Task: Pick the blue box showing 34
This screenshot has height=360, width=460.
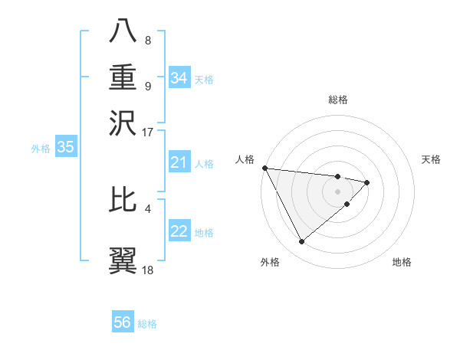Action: point(179,78)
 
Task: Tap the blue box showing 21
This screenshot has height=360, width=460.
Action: point(179,162)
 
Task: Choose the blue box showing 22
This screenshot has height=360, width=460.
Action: point(179,232)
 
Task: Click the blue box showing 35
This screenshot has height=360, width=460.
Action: point(65,148)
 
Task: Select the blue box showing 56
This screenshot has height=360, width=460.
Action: point(123,322)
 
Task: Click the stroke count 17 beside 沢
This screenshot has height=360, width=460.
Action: point(147,132)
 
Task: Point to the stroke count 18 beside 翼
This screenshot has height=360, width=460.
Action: point(147,270)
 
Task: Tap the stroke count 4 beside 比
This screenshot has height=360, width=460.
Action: point(147,208)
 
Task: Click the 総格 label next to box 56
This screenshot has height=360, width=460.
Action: point(147,324)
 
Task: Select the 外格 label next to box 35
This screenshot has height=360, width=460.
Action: point(41,149)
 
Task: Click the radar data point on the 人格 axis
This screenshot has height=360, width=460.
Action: point(264,168)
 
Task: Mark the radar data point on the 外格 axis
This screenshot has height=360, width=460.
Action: point(301,242)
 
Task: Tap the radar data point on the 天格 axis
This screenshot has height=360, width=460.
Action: point(367,182)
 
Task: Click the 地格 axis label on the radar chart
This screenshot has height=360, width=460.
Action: point(402,263)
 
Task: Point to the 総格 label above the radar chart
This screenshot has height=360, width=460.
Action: point(338,100)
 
